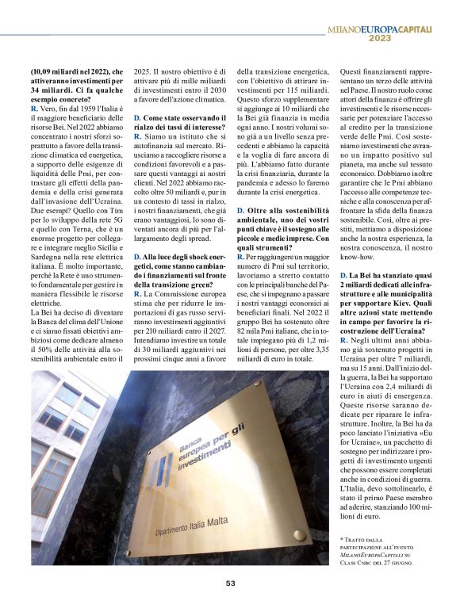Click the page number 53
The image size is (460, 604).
[230, 583]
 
